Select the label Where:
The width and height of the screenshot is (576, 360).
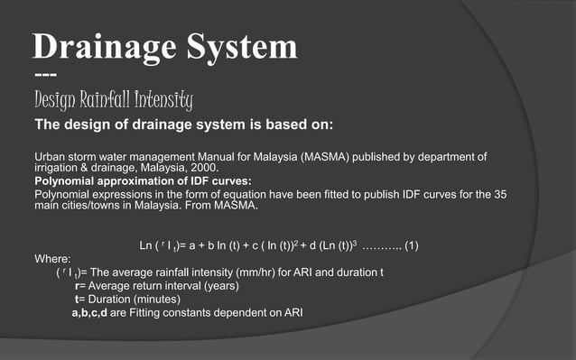51,257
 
